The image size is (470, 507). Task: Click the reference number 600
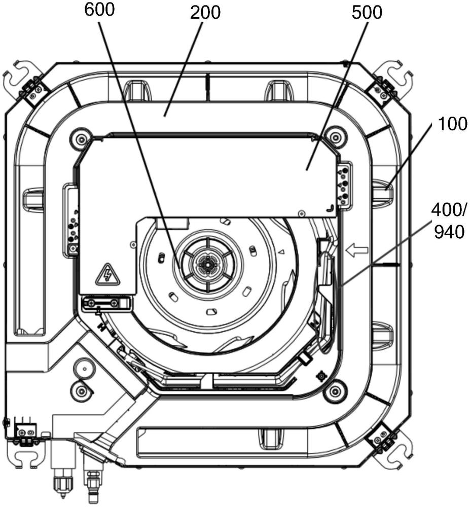coord(99,10)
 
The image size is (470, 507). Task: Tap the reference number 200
coord(205,13)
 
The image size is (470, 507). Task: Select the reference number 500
coord(367,13)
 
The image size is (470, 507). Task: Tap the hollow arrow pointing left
coord(357,250)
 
